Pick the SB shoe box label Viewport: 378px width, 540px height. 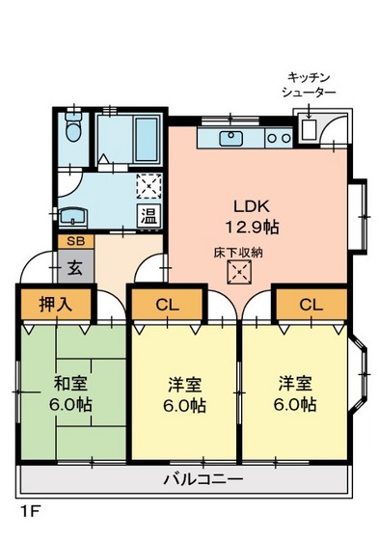tap(74, 242)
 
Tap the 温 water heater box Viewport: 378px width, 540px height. tap(149, 214)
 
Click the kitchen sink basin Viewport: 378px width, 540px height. tap(231, 139)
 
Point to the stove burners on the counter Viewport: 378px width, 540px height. tap(279, 139)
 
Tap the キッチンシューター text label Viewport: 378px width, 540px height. tap(309, 83)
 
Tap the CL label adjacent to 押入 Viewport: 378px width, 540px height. tap(167, 306)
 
